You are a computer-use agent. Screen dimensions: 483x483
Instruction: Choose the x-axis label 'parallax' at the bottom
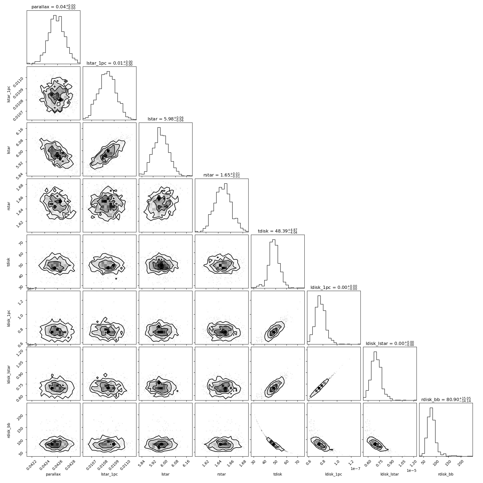53,474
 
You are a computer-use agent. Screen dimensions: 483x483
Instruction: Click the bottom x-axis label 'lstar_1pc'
109,474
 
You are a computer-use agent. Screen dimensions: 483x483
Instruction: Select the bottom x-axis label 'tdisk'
278,474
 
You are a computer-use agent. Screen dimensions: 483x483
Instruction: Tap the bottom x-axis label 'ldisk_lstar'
390,474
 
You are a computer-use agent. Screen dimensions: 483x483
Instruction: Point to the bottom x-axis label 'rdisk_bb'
446,474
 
